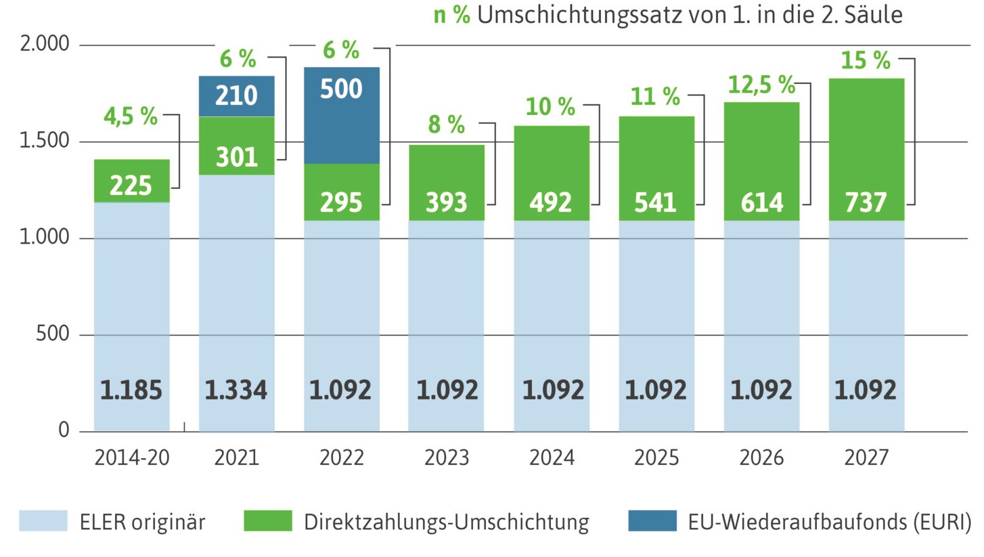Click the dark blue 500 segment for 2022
pos(341,115)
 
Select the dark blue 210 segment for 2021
pos(236,96)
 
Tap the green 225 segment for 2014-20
pos(131,181)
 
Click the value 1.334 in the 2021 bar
pos(236,391)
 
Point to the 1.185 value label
pos(131,391)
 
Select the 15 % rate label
pos(866,61)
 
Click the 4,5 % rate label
pos(131,116)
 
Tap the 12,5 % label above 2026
pos(761,85)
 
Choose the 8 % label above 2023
pos(446,125)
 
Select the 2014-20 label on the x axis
pos(131,458)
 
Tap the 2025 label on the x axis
pos(656,458)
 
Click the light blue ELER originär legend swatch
pos(43,522)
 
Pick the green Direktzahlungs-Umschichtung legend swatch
pos(267,522)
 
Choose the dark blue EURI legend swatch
pos(652,522)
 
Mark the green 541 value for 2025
pos(656,202)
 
